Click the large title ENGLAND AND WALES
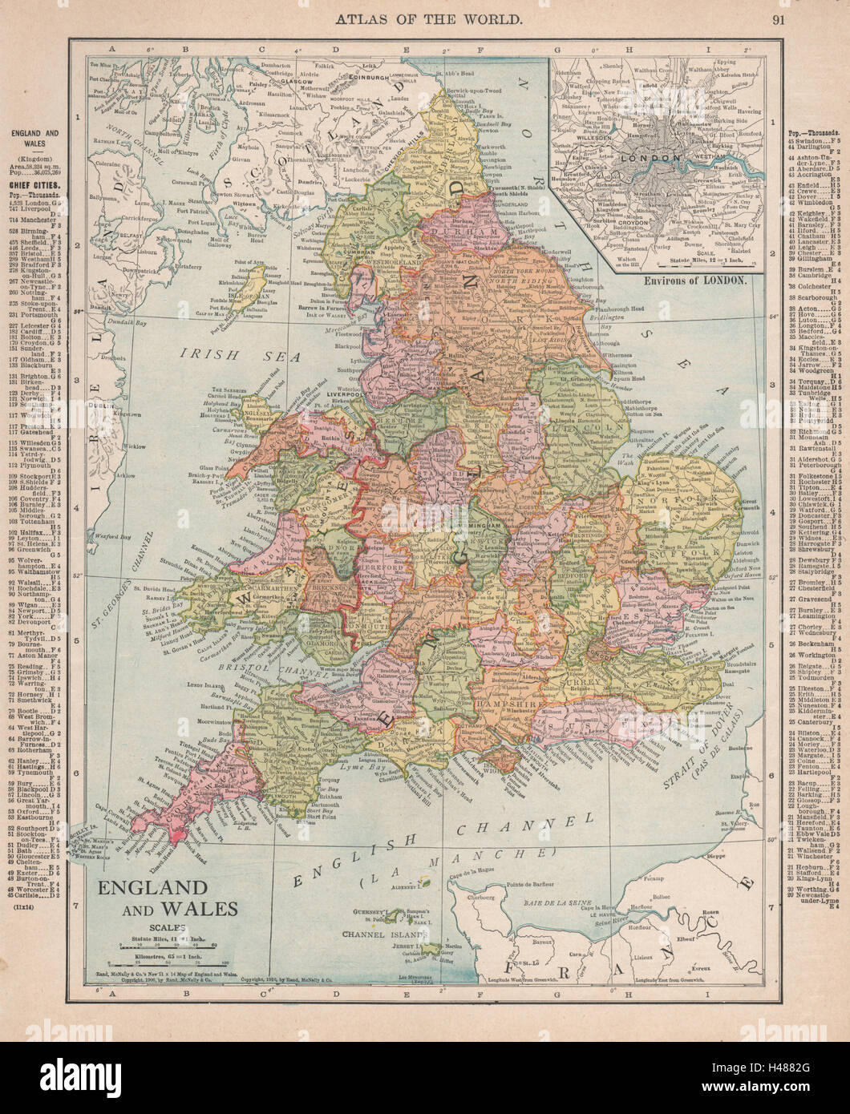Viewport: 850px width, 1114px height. [x=168, y=898]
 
